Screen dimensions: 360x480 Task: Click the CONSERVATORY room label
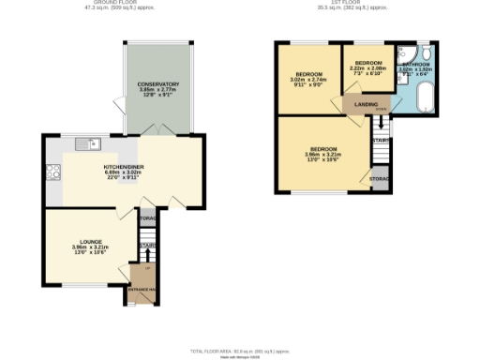[x=157, y=84]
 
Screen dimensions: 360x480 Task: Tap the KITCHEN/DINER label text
[x=123, y=167]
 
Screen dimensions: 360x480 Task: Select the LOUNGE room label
[x=91, y=242]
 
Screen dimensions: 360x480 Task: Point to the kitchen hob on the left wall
[x=52, y=172]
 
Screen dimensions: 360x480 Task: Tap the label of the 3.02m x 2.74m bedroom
[x=309, y=74]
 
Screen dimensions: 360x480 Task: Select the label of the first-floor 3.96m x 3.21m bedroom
[x=323, y=149]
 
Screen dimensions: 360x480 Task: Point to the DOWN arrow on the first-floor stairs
[x=381, y=110]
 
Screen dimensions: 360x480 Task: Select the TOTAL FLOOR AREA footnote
[x=241, y=351]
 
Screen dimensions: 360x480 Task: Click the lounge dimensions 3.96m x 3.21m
[x=91, y=247]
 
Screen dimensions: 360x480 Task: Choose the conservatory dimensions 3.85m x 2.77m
[x=157, y=90]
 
